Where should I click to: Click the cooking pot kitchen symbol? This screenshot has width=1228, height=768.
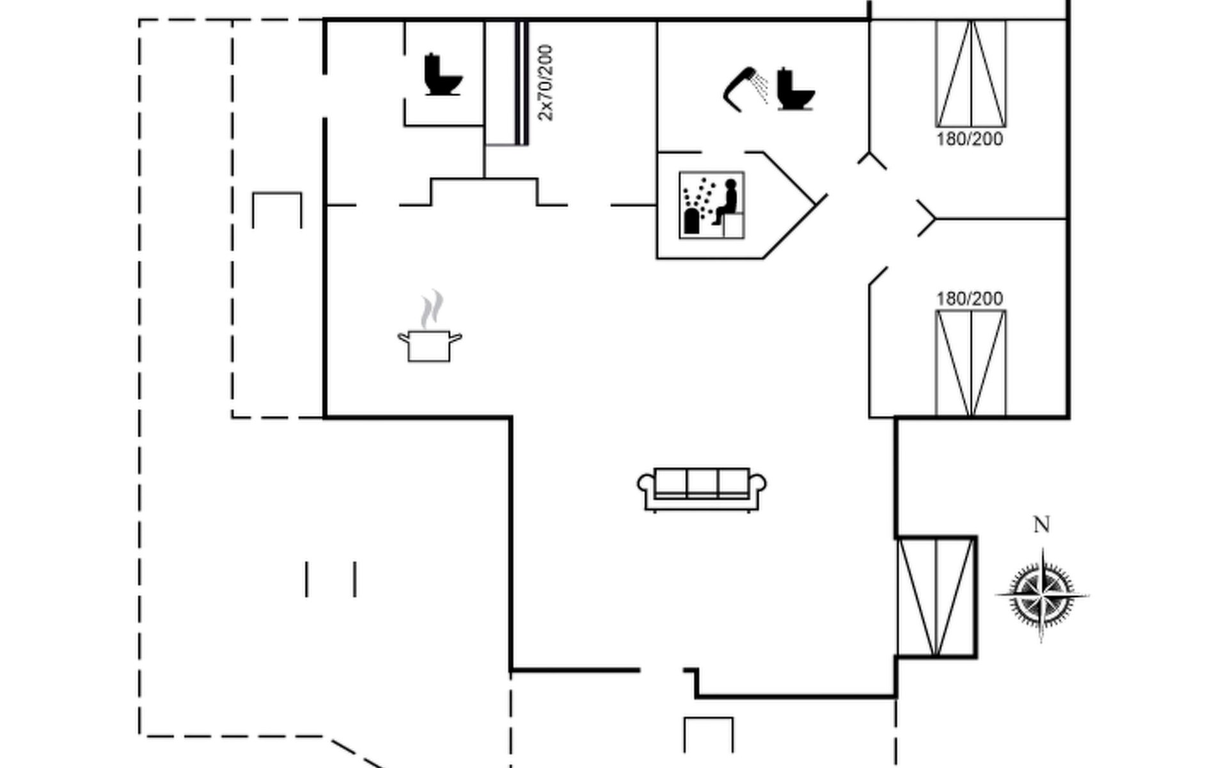tap(429, 345)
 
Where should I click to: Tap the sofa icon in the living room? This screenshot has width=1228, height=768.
tap(702, 490)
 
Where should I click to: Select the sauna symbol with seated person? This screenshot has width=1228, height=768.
tap(711, 205)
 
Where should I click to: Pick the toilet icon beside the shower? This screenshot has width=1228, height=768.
tap(796, 89)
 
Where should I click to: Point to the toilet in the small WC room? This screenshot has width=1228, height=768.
tap(443, 75)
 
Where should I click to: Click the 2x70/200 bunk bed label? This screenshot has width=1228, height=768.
tap(546, 83)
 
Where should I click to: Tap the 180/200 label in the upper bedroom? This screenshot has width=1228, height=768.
tap(970, 139)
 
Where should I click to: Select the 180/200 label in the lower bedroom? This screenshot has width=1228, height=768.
tap(970, 298)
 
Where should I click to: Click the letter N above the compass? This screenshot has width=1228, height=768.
tap(1041, 525)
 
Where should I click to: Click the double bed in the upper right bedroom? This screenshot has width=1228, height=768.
tap(971, 74)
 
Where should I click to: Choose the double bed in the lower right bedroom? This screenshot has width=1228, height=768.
tap(971, 364)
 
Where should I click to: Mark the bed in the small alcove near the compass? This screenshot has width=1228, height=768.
tap(936, 597)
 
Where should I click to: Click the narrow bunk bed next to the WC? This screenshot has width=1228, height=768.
tap(506, 83)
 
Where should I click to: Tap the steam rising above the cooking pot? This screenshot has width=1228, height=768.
tap(432, 308)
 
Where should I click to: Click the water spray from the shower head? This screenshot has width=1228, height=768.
tap(760, 88)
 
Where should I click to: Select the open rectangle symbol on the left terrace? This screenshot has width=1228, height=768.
tap(277, 210)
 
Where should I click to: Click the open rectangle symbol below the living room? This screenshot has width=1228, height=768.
tap(709, 735)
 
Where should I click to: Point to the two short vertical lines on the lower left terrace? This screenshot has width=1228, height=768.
tap(331, 579)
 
